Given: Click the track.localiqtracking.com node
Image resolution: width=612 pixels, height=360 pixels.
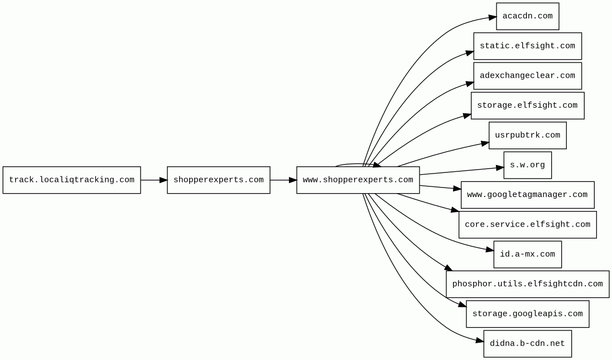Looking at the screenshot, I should [71, 180].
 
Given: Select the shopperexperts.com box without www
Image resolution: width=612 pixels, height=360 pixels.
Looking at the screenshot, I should [218, 180].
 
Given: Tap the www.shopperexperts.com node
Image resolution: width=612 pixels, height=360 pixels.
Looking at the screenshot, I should [358, 180].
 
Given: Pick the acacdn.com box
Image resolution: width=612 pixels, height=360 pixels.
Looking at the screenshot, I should [527, 16].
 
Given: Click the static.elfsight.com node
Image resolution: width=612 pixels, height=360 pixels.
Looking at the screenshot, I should [527, 46].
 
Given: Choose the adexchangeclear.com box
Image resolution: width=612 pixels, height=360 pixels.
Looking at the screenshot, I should [527, 75].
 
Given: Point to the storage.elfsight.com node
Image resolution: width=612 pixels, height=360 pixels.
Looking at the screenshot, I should [527, 105].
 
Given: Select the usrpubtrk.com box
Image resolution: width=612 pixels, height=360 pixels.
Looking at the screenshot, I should [527, 135].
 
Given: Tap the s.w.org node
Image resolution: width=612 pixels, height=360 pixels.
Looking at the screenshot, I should [527, 165].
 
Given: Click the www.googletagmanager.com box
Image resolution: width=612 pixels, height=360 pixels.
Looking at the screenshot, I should [527, 195].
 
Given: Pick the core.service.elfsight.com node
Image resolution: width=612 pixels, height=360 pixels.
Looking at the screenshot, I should [527, 224].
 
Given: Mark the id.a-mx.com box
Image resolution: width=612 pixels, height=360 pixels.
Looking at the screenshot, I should [527, 255].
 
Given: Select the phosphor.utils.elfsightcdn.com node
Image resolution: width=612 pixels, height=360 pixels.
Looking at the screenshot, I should [527, 284].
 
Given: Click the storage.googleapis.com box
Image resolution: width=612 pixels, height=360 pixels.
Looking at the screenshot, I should [527, 314].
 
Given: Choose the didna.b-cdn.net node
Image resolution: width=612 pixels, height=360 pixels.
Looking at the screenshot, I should [527, 344].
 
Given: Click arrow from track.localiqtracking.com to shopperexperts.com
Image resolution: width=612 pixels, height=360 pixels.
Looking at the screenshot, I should [153, 180].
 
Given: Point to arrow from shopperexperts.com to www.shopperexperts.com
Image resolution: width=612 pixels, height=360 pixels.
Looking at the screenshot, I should [283, 180].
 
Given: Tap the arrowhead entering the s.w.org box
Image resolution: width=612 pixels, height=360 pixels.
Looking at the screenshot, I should [499, 167].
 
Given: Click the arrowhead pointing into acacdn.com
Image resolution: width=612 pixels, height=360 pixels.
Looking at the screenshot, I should [491, 18].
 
